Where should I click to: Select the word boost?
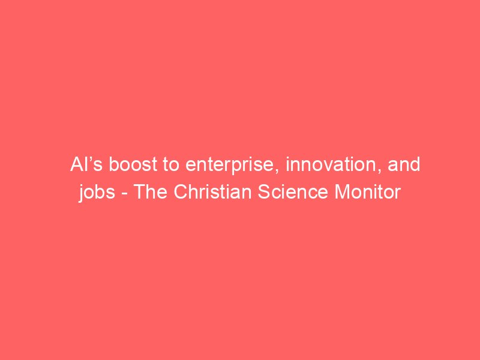point(133,164)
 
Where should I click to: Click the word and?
point(404,164)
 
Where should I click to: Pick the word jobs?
point(97,193)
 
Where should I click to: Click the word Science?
point(293,192)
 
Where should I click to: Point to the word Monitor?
point(368,192)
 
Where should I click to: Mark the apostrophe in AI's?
point(91,160)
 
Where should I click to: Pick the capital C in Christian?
point(181,192)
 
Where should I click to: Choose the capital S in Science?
point(263,192)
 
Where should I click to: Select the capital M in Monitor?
point(342,192)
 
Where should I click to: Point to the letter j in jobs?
point(82,193)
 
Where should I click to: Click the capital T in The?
point(139,192)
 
